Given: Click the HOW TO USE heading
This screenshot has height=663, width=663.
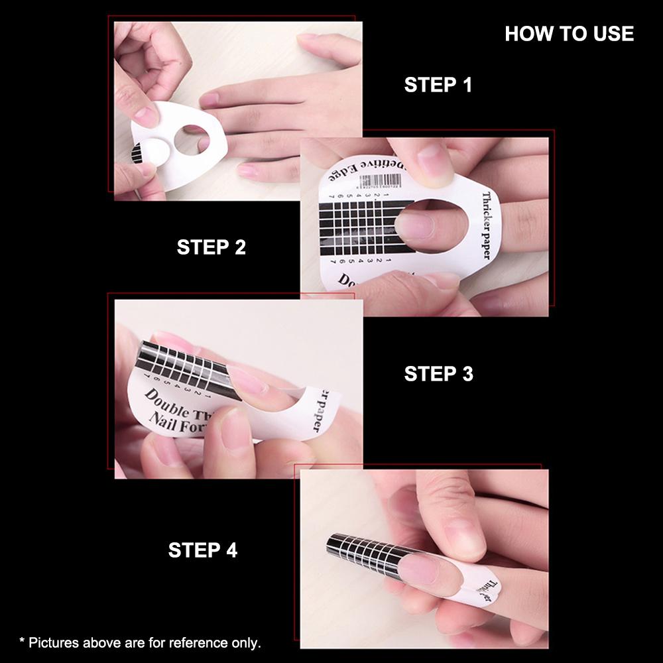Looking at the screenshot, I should pos(569,34).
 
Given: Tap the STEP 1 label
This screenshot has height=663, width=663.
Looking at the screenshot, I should pos(438,85).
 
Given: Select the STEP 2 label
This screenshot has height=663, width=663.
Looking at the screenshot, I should pos(211,247).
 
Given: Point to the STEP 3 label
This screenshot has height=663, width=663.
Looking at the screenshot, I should pos(438,374).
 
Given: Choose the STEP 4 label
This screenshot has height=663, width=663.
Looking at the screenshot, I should pos(202,550).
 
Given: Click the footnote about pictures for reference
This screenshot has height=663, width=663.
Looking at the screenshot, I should pos(140,642).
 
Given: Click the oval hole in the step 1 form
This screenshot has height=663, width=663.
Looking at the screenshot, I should pos(192,139).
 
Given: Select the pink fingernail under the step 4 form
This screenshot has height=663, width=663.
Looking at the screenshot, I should pos(418,569).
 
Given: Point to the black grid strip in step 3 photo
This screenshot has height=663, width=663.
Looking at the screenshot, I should pos(186,371).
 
